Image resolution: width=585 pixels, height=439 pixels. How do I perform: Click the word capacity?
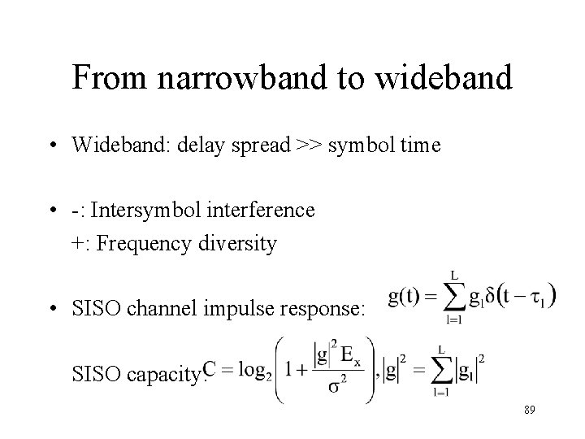[167, 375]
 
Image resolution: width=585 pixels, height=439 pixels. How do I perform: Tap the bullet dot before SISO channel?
[52, 309]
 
